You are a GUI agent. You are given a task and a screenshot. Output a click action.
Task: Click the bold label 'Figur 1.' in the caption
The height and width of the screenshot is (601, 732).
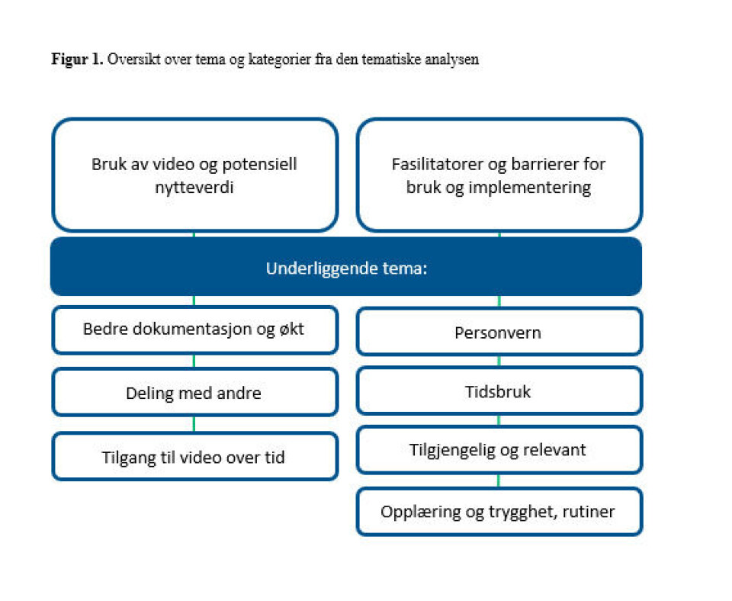pos(77,60)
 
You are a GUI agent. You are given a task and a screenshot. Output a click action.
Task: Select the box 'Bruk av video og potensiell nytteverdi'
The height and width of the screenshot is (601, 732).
pos(194,175)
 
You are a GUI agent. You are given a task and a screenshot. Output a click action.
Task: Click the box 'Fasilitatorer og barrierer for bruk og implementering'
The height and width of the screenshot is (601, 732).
pos(499,175)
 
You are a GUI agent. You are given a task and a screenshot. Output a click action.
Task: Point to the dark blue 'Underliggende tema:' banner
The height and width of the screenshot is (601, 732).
pos(346,268)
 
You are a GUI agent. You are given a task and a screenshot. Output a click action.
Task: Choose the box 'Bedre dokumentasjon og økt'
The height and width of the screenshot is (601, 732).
pos(194,330)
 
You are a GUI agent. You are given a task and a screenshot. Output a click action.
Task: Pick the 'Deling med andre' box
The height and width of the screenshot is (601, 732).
pos(194,393)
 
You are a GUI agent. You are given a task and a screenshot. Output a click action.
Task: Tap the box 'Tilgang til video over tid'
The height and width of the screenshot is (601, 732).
pos(194,457)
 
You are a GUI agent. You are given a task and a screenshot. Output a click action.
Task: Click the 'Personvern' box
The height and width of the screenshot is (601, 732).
pos(499,333)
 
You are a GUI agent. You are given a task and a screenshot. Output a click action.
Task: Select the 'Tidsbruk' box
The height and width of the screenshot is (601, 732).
pos(499,392)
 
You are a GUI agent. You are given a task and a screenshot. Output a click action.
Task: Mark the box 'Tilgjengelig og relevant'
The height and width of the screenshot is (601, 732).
pos(499,449)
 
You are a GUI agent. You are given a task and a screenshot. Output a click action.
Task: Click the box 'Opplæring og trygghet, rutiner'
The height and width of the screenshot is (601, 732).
pos(499,510)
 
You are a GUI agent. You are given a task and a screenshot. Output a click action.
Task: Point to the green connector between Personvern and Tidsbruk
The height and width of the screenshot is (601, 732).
pos(499,361)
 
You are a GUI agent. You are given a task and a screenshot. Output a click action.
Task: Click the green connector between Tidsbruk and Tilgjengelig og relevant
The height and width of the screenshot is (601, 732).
pos(499,420)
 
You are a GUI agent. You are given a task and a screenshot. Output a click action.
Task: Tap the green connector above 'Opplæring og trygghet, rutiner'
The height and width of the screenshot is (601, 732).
pos(499,480)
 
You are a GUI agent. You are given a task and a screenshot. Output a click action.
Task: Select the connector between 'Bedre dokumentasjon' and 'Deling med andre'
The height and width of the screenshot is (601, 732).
pos(194,362)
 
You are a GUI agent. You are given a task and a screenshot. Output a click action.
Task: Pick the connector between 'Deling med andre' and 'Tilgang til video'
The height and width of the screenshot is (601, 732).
pos(194,424)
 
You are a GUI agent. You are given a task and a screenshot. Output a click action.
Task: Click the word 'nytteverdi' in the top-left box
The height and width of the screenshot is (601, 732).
pos(194,187)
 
